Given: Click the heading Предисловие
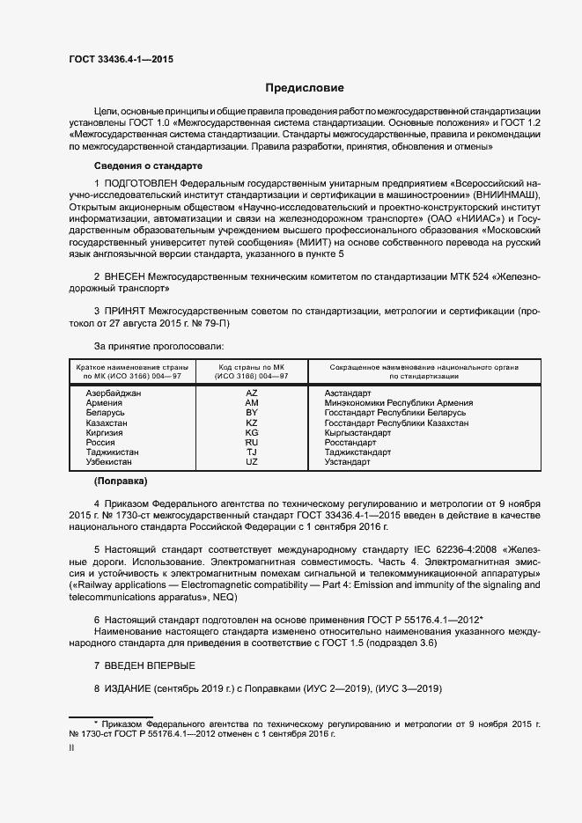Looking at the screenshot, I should point(305,88).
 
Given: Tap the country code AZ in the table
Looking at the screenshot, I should point(251,393).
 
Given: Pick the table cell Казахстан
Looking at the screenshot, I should point(107,423).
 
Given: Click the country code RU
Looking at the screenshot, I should point(251,443).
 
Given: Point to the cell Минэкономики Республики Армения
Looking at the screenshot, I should point(398,403).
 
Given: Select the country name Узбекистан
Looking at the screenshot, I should point(109,462).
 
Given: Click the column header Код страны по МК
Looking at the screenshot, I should point(251,366).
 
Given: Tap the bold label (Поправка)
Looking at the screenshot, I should point(121,482).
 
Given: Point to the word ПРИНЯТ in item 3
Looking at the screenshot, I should point(129,312).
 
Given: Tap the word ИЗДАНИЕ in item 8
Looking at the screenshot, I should point(128,688).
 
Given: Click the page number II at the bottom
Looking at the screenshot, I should point(71,748).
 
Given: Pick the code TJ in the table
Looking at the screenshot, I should point(251,452).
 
